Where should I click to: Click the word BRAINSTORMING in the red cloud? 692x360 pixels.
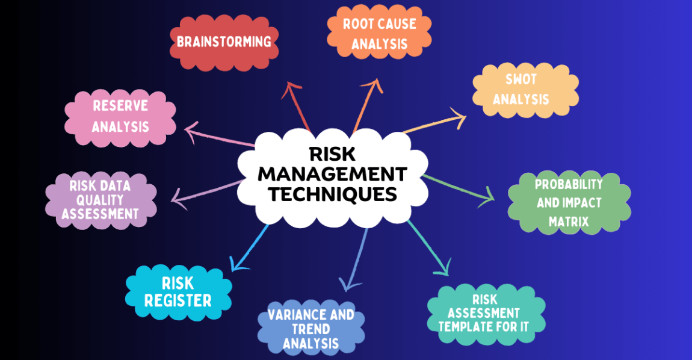(224, 42)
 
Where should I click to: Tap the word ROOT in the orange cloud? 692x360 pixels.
(359, 25)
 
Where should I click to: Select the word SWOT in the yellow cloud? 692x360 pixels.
(521, 79)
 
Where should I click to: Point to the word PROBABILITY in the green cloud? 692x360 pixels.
(569, 184)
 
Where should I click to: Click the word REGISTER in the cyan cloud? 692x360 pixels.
(178, 300)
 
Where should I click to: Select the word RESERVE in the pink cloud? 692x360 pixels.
(120, 106)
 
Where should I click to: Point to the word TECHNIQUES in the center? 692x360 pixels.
(333, 194)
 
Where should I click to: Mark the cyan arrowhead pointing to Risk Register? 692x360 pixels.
(237, 265)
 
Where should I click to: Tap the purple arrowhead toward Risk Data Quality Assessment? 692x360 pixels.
(176, 196)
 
